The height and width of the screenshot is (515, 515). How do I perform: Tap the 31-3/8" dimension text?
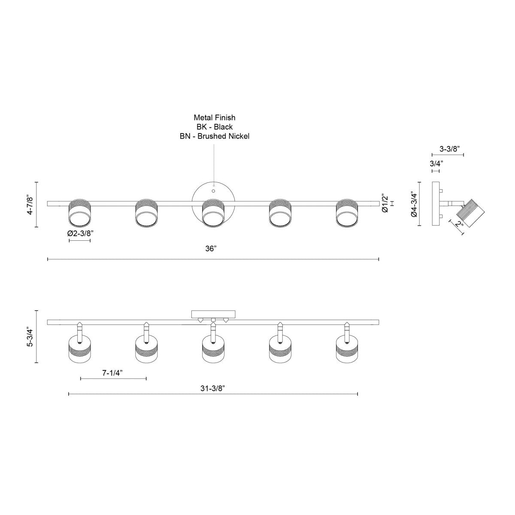coord(212,388)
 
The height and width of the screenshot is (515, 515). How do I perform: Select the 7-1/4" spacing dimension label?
coord(113,373)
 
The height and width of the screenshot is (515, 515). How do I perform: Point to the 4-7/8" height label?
coord(30,206)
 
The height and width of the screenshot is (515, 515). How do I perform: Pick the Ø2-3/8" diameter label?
coord(80,233)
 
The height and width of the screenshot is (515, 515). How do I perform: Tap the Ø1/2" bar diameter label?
coord(385,203)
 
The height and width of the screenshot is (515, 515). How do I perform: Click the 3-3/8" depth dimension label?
coord(450,148)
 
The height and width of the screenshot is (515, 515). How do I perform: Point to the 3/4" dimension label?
coord(436,164)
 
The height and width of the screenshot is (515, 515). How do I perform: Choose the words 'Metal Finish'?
coord(215,117)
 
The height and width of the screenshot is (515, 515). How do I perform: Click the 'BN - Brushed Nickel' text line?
coord(215,136)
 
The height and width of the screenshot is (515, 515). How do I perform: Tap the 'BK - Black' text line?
coord(215,127)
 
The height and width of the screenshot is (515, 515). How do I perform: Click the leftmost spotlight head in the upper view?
coord(79,212)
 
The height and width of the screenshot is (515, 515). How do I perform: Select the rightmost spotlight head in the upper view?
coord(347,212)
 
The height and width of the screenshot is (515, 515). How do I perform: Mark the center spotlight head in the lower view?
coord(213,348)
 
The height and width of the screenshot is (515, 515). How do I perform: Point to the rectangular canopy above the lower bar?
coord(213,314)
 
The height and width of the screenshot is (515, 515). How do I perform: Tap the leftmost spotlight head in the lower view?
coord(79,348)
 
